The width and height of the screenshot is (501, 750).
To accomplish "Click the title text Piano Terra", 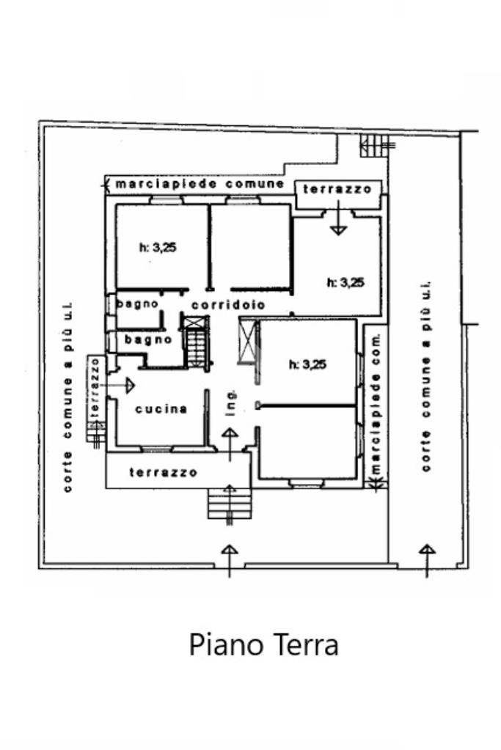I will click(264, 645).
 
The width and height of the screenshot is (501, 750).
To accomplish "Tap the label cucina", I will click(161, 409).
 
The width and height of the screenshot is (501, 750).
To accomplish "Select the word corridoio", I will click(228, 305).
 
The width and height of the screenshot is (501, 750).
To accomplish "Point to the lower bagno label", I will click(148, 339).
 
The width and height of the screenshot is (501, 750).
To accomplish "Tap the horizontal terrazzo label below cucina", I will click(163, 473).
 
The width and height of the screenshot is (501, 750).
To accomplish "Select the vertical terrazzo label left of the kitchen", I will click(94, 392).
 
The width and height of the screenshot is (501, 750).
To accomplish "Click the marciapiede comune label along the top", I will click(198, 183).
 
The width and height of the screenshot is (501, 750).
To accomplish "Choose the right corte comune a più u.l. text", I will click(426, 375).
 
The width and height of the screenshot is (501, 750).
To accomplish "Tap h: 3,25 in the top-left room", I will click(158, 248).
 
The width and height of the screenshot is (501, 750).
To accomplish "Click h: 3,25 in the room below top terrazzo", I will click(345, 282).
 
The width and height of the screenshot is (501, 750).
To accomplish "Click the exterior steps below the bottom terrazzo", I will click(229, 505).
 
